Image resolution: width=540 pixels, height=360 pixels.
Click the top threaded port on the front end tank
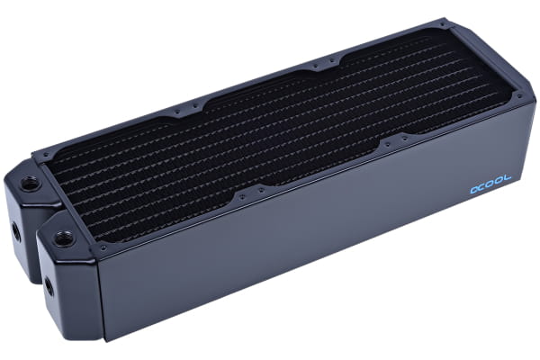coord(63,239)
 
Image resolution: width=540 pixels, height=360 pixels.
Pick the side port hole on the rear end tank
coord(15,231)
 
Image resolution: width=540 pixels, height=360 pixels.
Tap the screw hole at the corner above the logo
coord(517,88)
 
